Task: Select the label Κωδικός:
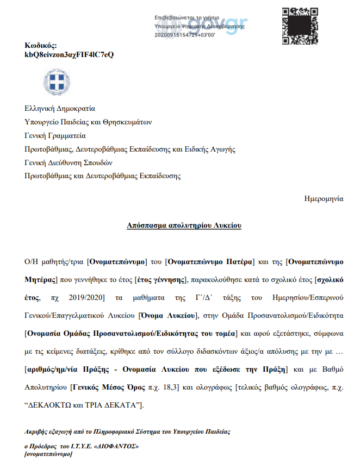click(x=41, y=46)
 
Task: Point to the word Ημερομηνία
click(x=324, y=198)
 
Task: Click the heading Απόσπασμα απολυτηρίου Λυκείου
click(x=184, y=224)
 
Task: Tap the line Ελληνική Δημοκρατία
click(x=60, y=108)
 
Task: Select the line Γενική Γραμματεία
click(x=55, y=135)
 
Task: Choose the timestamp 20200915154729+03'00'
click(x=185, y=34)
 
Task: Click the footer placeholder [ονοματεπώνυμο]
click(x=48, y=454)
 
